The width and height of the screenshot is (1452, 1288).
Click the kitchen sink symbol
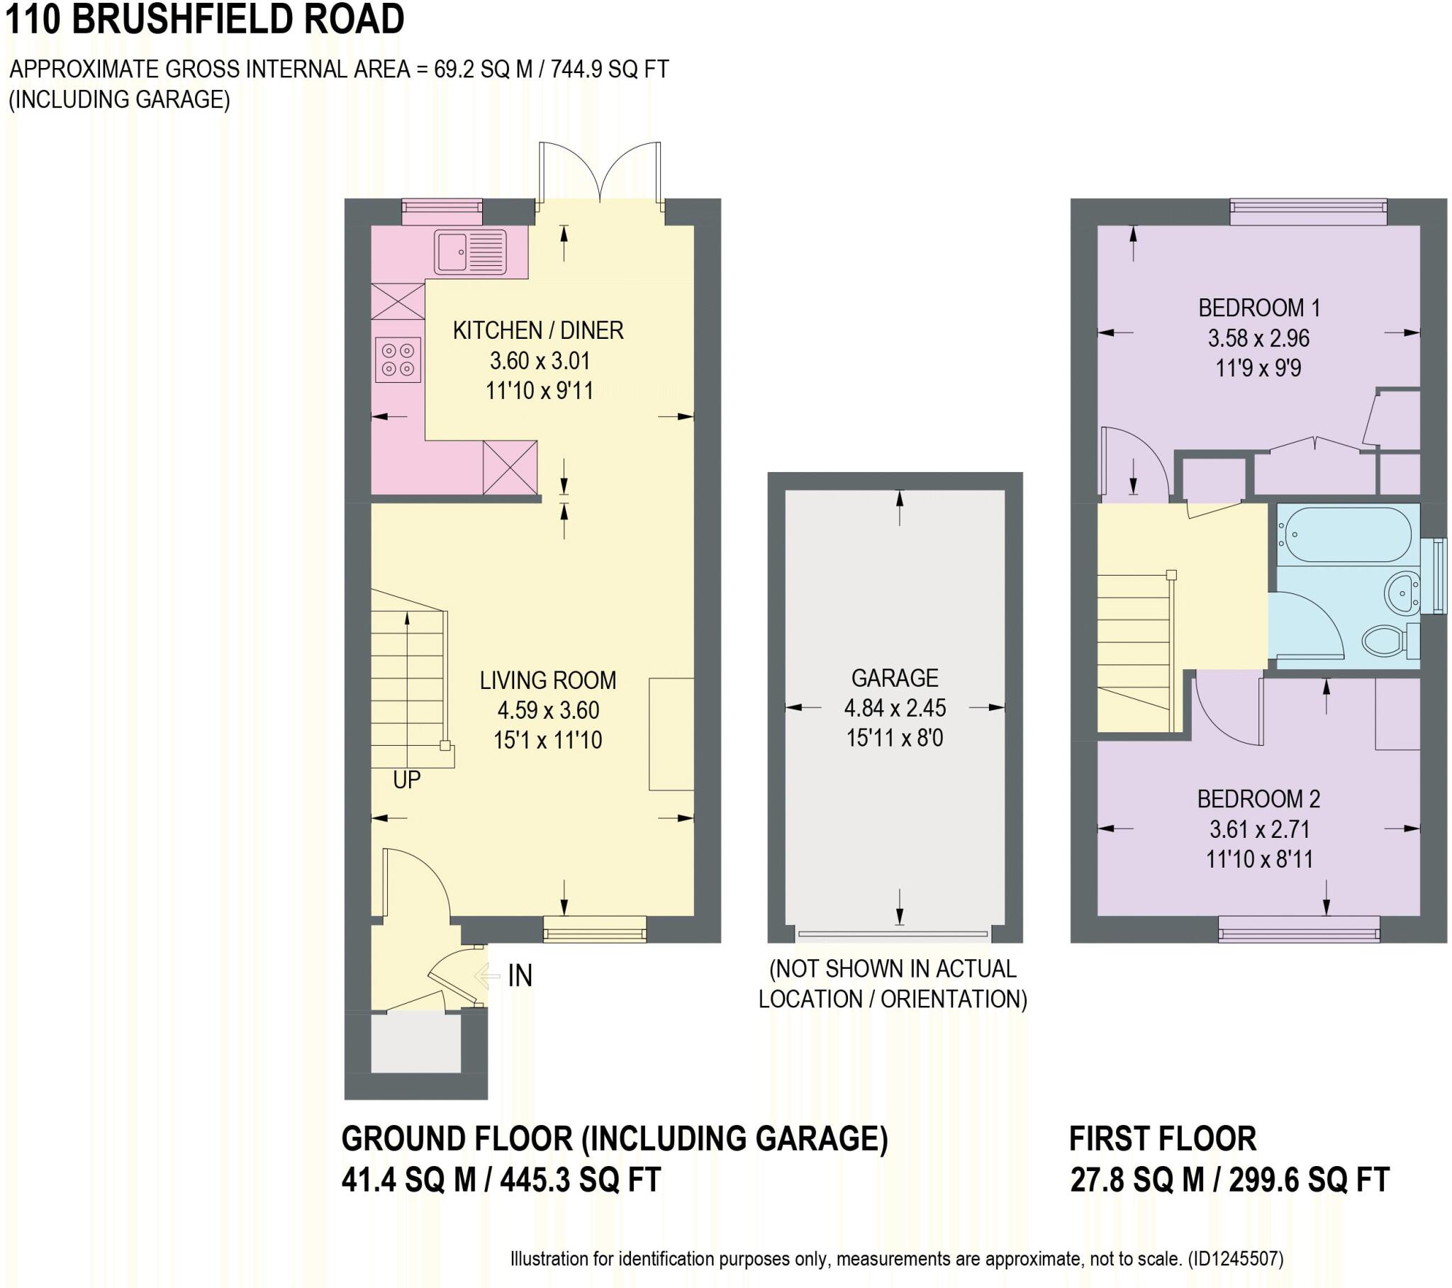470,252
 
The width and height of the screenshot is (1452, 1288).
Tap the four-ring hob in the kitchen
398,359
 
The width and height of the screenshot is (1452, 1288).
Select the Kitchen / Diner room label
537,330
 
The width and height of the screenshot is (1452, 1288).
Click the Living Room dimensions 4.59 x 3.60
548,710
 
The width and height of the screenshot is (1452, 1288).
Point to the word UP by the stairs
406,780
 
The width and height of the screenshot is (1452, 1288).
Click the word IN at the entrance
520,975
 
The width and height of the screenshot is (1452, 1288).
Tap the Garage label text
894,678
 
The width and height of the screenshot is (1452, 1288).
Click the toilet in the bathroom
1384,640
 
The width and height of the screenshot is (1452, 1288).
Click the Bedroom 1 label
1258,308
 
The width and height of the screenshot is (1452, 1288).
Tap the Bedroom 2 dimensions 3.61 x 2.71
1258,829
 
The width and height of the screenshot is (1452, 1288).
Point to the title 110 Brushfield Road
205,19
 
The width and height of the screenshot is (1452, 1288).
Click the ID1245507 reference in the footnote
1236,1259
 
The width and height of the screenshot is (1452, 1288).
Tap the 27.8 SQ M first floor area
1139,1182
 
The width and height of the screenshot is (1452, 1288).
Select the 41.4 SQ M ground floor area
409,1182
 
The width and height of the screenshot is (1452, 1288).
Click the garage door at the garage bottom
893,934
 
